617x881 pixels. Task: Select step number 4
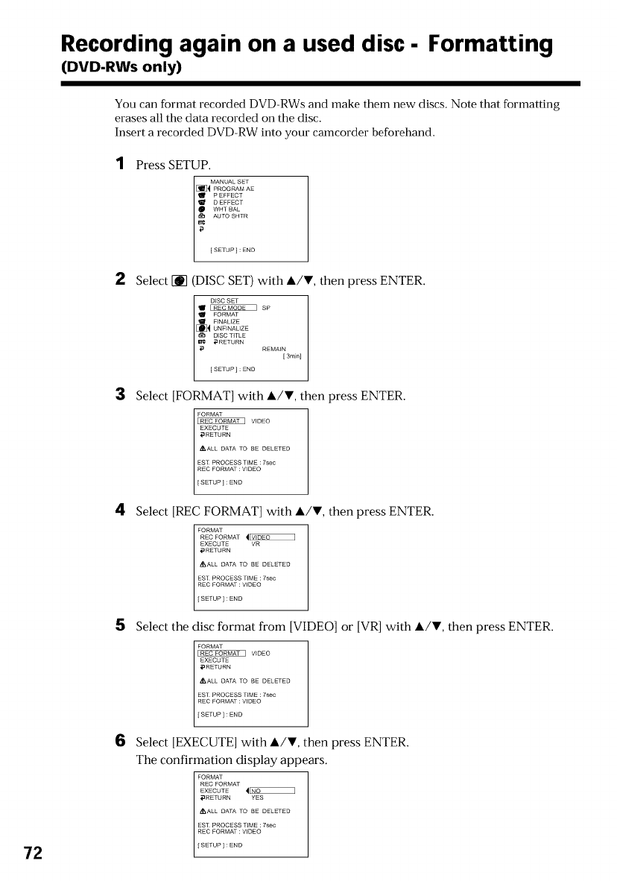point(120,511)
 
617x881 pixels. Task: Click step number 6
point(120,742)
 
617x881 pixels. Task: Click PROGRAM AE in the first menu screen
point(233,189)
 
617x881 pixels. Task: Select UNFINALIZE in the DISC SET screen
point(231,328)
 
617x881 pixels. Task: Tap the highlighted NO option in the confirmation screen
point(272,791)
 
